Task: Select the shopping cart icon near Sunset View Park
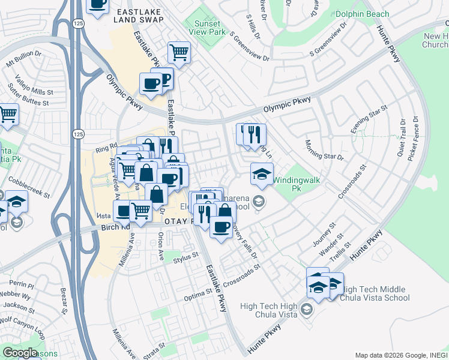(x=179, y=53)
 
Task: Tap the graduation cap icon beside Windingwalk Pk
(x=262, y=174)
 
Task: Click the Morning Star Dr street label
(x=324, y=149)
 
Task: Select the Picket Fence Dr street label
(x=412, y=139)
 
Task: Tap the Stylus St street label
(x=185, y=257)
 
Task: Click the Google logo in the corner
(x=20, y=352)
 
